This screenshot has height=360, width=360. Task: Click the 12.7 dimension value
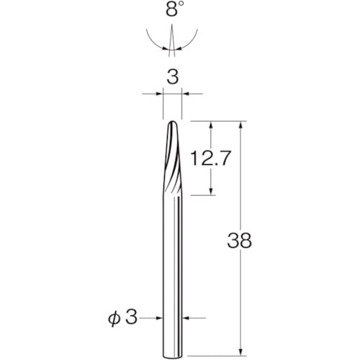210,158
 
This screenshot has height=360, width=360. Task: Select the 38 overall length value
239,240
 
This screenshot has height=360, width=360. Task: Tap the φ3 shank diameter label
122,318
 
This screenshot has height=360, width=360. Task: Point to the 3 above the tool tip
173,77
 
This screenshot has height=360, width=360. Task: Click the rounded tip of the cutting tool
172,122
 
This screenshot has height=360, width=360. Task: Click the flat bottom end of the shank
172,356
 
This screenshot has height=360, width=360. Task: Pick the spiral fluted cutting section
172,158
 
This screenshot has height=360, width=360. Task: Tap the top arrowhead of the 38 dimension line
241,125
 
